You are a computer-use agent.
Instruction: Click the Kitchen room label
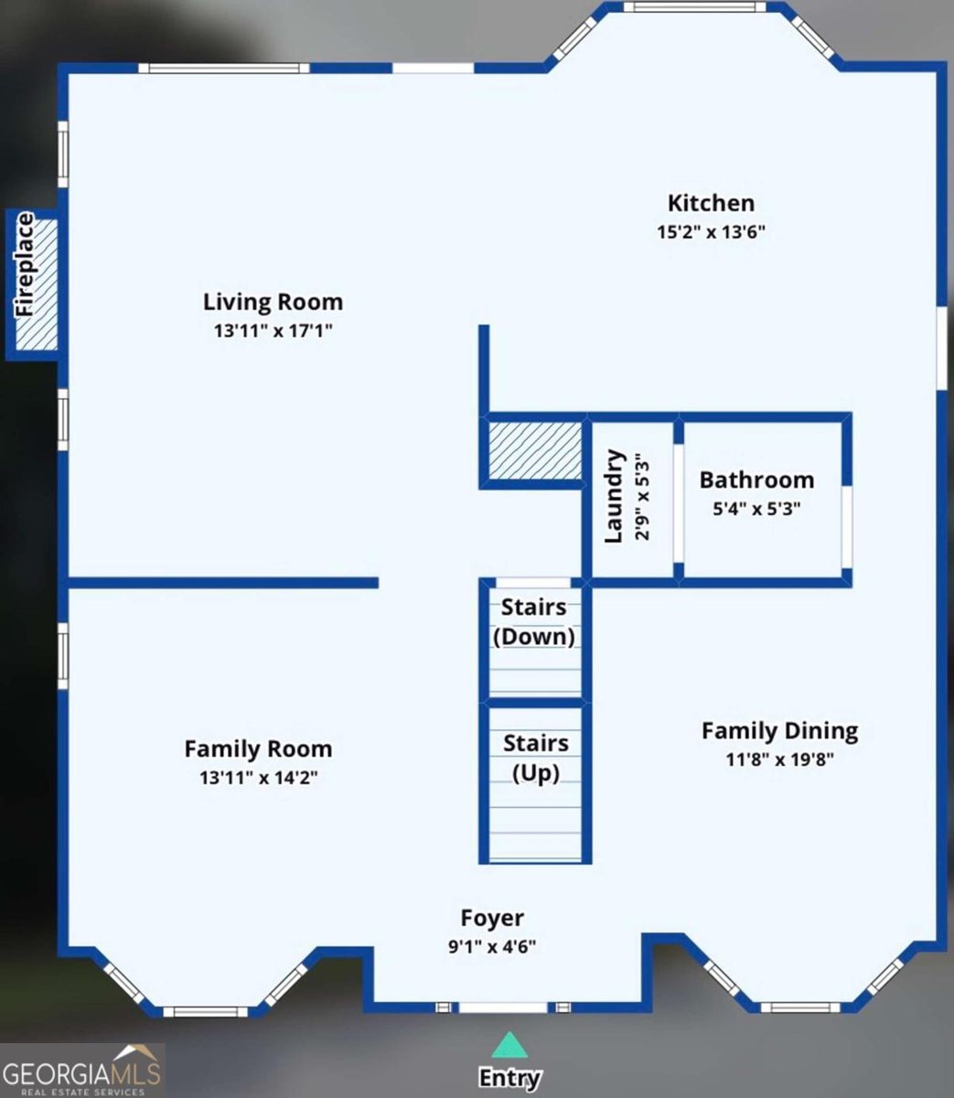pos(711,203)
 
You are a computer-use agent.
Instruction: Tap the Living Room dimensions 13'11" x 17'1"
pos(273,331)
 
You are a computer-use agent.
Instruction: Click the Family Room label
pos(258,748)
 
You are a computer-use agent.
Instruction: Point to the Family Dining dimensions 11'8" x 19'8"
pos(779,759)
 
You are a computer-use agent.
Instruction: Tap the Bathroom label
pos(756,480)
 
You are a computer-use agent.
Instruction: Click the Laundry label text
pos(614,496)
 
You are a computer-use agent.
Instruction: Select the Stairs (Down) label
pos(534,621)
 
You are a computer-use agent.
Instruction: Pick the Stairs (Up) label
pos(535,758)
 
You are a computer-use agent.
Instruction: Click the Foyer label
pos(492,918)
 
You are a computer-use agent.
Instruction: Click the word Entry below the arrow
pos(509,1078)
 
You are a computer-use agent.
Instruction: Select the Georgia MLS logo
pos(82,1071)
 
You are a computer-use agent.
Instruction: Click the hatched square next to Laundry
pos(535,450)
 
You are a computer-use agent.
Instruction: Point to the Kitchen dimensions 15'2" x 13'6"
pos(711,232)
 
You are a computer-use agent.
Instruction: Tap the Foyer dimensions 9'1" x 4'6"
pos(492,947)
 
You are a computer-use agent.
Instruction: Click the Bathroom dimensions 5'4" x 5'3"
pos(756,509)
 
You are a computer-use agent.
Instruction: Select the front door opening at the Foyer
pos(502,1007)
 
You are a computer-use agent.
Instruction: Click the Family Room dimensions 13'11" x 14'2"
pos(258,778)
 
